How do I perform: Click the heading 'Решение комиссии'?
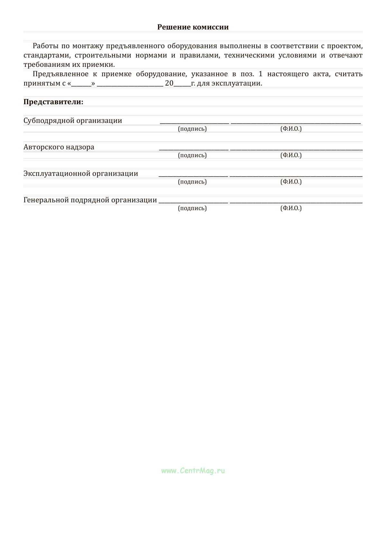point(193,27)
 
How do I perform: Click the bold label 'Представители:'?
point(53,102)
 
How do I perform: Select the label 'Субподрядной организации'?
point(73,121)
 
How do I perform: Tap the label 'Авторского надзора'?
point(59,147)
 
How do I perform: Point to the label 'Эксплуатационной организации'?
point(81,174)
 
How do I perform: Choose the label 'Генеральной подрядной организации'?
point(90,200)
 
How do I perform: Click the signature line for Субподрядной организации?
point(194,123)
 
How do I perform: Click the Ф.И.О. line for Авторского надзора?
point(296,149)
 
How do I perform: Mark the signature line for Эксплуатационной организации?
point(193,176)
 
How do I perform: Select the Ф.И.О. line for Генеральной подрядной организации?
point(296,202)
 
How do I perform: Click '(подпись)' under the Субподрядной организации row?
point(192,129)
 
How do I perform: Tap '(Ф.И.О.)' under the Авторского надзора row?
point(291,155)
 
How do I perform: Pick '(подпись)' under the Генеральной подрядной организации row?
point(192,208)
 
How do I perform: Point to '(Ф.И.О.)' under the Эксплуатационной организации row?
point(291,182)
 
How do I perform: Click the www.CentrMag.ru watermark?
point(193,471)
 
